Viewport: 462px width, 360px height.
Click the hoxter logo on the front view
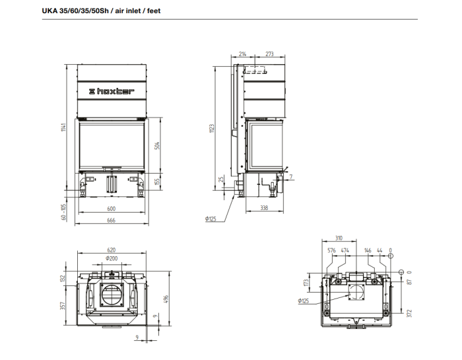coord(112,91)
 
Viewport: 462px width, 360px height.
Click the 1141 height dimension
coord(63,127)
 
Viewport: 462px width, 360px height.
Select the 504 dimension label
coord(157,145)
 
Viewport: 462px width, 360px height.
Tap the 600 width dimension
coord(112,209)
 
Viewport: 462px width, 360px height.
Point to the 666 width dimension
coord(112,220)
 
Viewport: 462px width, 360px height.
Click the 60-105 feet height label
coord(63,212)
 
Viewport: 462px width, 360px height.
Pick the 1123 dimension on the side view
coord(212,128)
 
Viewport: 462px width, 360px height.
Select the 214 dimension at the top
coord(242,54)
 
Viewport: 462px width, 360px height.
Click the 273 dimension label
coord(269,54)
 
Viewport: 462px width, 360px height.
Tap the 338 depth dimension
coord(264,208)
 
